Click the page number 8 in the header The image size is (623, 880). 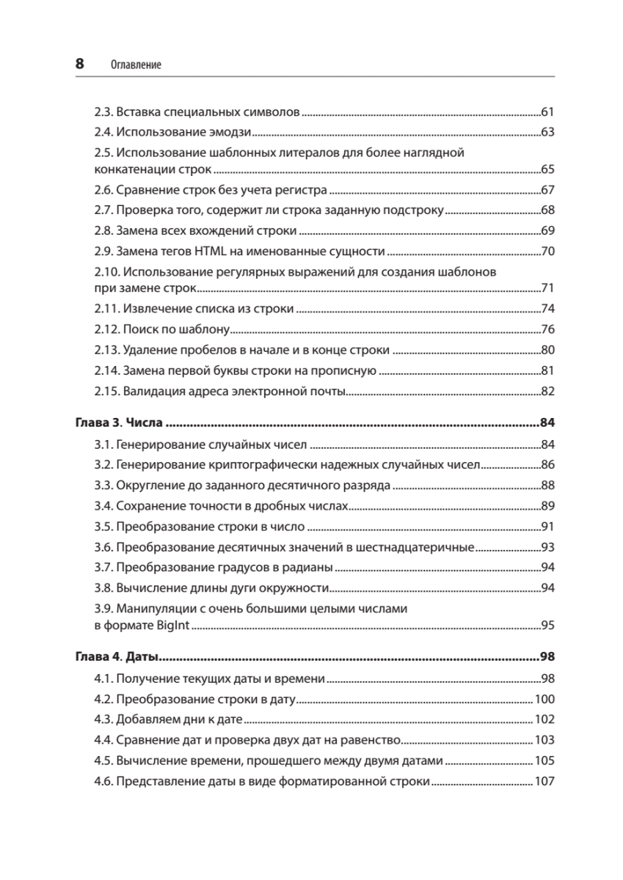[x=80, y=64]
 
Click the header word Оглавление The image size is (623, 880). [x=136, y=65]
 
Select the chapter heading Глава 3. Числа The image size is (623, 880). [x=119, y=422]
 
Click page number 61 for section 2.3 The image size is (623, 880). [x=546, y=112]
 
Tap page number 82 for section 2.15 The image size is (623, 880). [x=546, y=391]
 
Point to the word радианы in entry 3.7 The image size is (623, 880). [x=309, y=567]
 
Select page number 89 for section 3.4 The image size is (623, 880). [x=546, y=505]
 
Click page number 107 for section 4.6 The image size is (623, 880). [x=544, y=781]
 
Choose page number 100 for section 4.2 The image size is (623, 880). [x=544, y=699]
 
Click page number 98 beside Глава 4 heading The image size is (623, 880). [x=546, y=656]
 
